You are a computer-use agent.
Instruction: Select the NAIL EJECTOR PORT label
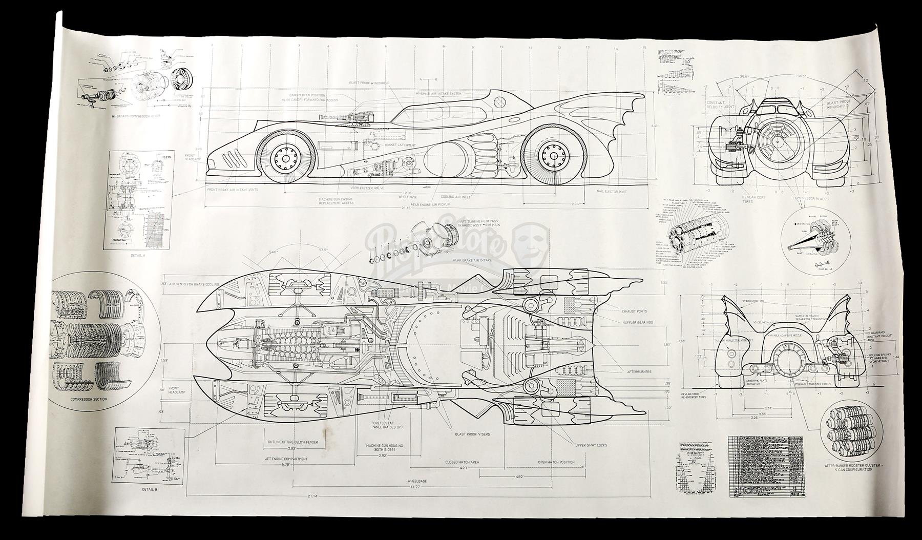[612, 192]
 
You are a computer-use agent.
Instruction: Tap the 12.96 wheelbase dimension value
[408, 193]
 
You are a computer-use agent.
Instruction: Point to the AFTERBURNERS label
[639, 371]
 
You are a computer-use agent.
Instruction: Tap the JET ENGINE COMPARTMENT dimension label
[286, 459]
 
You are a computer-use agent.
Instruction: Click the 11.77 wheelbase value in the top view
[417, 487]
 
